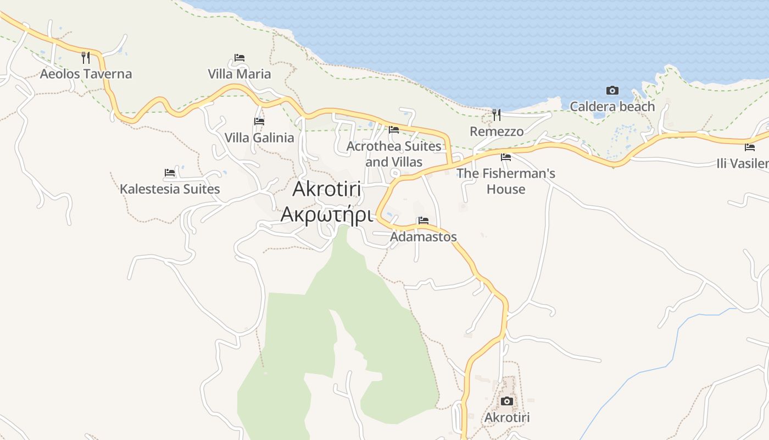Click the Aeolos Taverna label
point(86,74)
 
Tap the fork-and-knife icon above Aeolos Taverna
point(86,57)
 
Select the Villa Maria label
point(239,74)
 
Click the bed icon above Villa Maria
point(239,57)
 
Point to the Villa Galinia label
point(259,137)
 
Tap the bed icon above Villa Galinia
point(259,121)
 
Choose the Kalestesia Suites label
point(170,189)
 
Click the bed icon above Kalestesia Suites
point(170,173)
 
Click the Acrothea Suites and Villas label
point(394,154)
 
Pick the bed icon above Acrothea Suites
point(394,130)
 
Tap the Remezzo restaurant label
point(497,131)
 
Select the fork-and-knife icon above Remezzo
point(497,114)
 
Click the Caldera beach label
point(612,107)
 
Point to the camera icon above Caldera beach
point(612,90)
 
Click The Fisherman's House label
point(506,181)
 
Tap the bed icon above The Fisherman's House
point(506,157)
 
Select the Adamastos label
point(423,237)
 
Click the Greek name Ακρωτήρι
point(327,215)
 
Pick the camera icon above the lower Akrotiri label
point(507,401)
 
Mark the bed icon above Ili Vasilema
point(750,147)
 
